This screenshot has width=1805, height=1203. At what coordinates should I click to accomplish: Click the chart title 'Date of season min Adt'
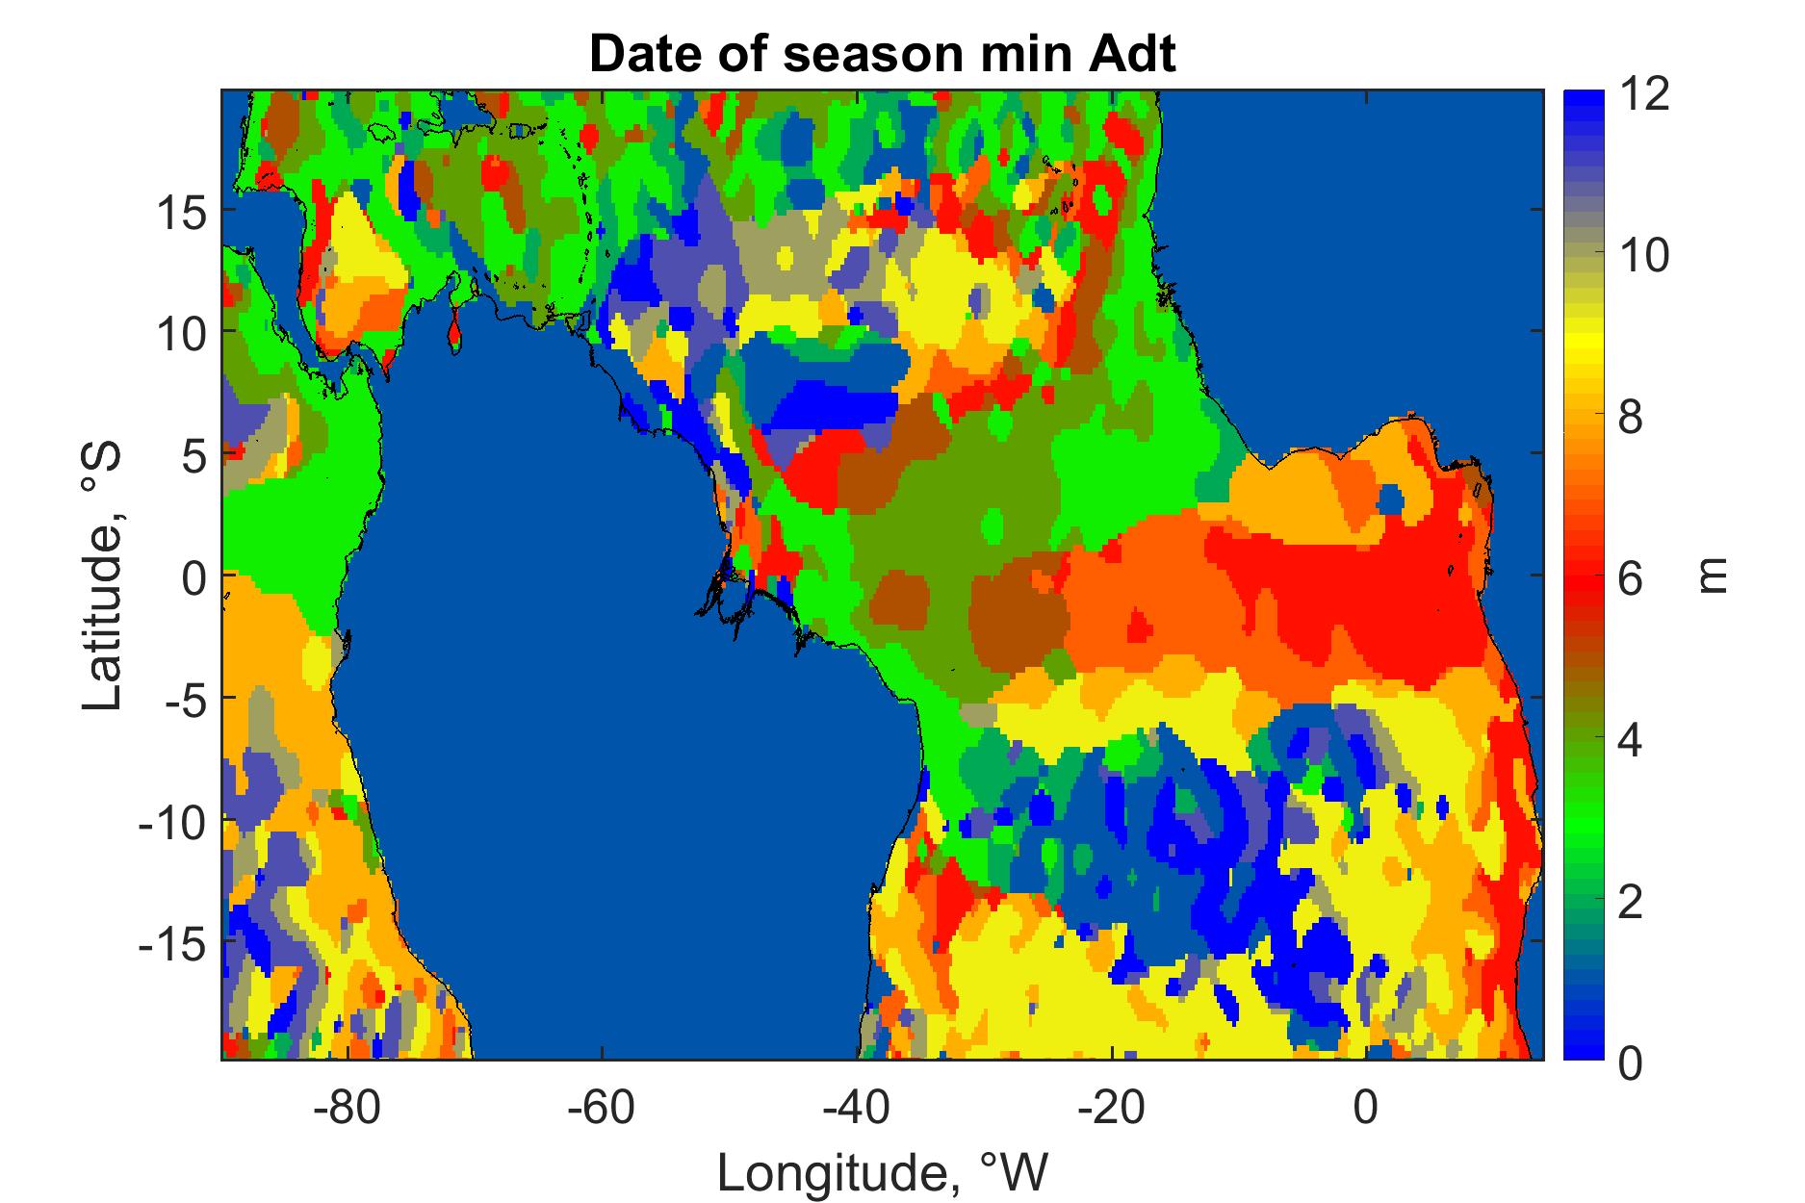(882, 55)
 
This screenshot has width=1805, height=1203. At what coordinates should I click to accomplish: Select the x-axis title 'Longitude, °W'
(882, 1172)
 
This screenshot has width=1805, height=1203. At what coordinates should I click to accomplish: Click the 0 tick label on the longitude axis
(1365, 1108)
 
